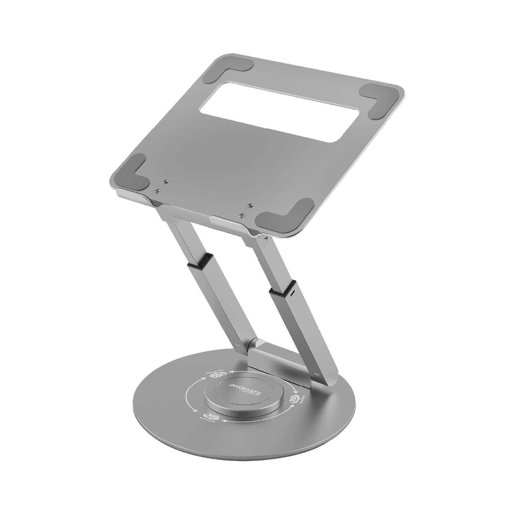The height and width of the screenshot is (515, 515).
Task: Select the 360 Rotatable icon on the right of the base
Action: pos(295,399)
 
